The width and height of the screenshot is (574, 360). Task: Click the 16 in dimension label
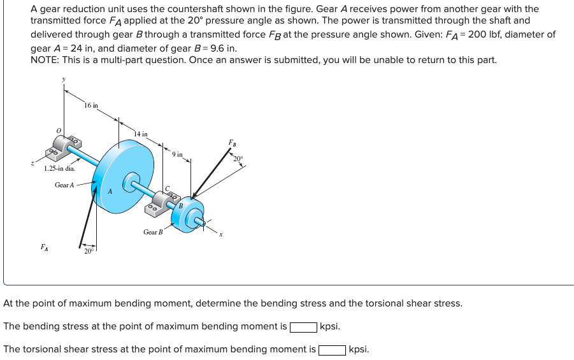coord(91,105)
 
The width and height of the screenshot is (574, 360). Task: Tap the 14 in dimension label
coord(141,134)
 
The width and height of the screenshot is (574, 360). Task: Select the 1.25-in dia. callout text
coord(59,169)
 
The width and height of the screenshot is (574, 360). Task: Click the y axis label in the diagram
coord(63,79)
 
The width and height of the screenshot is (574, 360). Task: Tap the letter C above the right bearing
coord(167,188)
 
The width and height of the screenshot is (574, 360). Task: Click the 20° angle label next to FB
coord(239,158)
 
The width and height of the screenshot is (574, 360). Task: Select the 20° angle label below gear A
coord(90,251)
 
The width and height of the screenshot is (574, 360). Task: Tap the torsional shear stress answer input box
coord(332,350)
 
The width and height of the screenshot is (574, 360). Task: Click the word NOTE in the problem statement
coord(44,60)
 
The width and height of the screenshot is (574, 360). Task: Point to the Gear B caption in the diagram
coord(153,232)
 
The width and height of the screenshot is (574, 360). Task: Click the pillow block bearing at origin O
coord(64,148)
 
